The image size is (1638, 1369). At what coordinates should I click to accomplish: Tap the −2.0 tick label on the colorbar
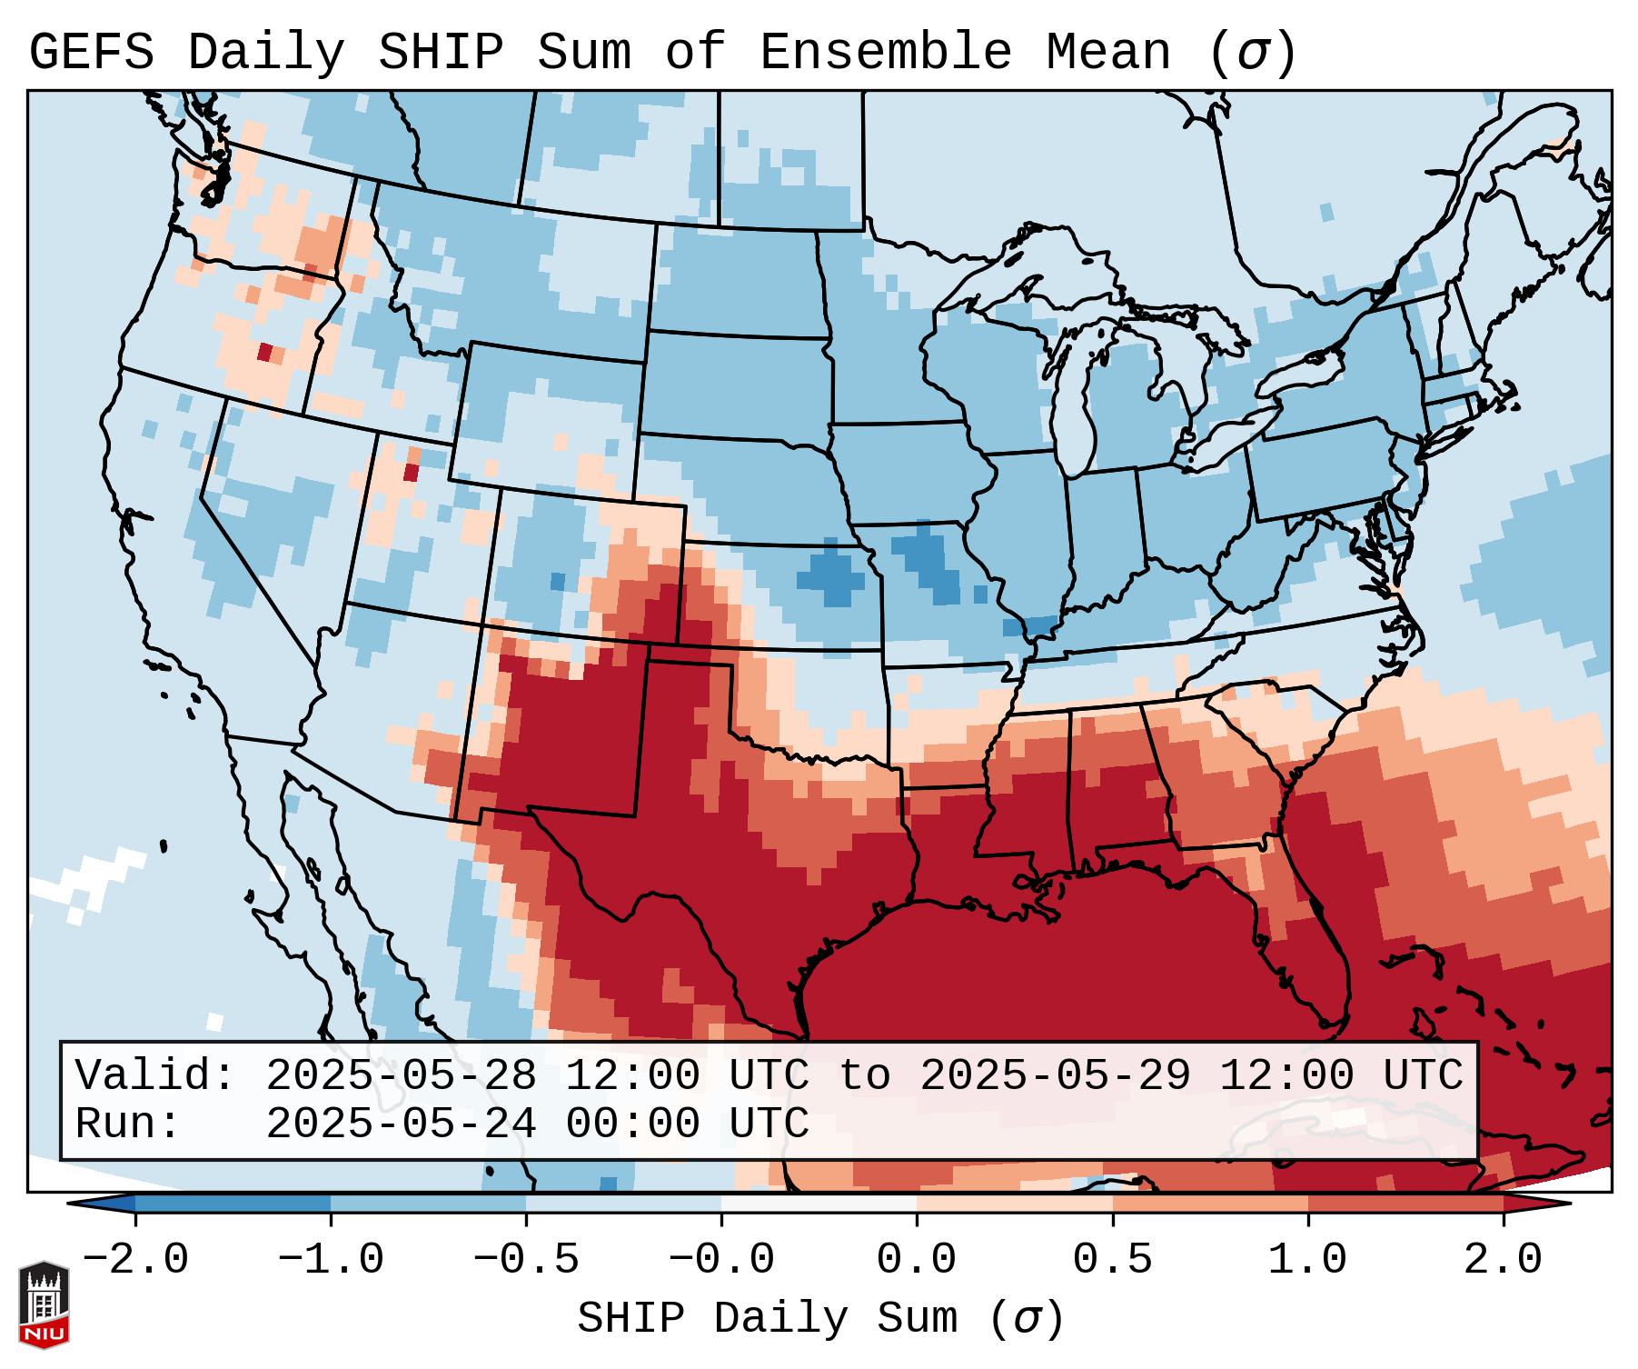coord(135,1260)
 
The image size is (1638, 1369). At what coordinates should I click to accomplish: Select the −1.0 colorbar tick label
coord(331,1260)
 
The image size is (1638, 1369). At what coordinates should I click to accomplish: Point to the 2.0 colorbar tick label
coord(1504,1260)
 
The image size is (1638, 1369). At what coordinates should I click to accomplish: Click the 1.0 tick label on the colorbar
coord(1308,1260)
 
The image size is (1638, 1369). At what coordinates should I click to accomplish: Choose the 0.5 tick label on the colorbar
coord(1113,1260)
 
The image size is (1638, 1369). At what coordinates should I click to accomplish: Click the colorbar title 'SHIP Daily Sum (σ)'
coord(819,1318)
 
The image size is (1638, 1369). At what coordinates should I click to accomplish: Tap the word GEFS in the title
coord(91,53)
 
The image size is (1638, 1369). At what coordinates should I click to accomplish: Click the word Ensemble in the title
coord(885,53)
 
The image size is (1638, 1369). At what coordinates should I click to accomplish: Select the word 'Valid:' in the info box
coord(155,1075)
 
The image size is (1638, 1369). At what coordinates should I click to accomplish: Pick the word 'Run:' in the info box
coord(128,1124)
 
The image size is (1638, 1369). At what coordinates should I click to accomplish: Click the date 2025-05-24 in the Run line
coord(401,1124)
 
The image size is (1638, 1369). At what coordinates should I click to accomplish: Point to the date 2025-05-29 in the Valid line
coord(1055,1075)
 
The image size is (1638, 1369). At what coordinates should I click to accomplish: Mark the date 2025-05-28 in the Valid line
coord(401,1075)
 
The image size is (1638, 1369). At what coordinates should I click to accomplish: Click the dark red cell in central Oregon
coord(264,352)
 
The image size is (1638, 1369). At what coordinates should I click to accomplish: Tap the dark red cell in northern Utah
coord(411,473)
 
